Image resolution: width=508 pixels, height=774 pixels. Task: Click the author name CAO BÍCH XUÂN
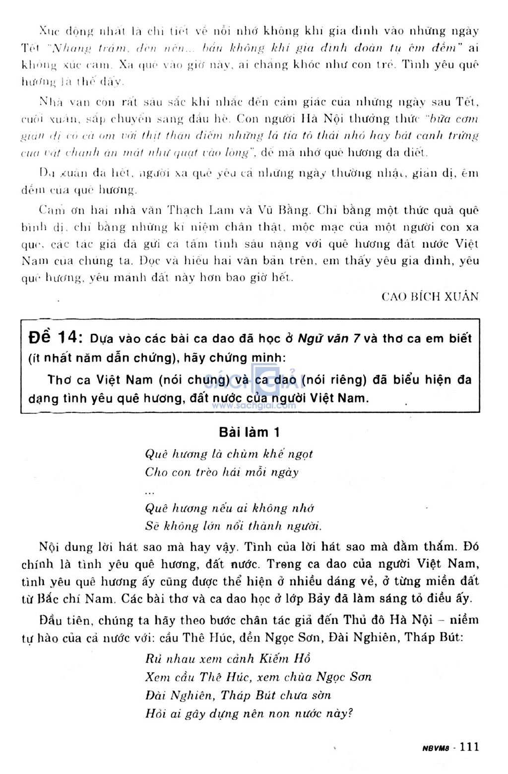coord(430,297)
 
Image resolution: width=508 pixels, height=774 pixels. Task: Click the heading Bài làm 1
coord(250,432)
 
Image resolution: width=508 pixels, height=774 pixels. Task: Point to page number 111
coord(469,747)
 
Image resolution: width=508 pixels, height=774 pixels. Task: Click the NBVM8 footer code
coord(436,748)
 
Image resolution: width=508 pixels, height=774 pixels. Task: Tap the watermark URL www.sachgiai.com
coord(254,405)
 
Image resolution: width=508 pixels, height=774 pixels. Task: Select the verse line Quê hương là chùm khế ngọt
coord(229,454)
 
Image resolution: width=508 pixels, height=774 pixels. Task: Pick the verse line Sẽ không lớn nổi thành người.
coord(233,526)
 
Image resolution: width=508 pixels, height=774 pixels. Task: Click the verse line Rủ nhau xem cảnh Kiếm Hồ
coord(228,659)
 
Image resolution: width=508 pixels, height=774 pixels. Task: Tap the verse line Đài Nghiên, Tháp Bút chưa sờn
coord(238,696)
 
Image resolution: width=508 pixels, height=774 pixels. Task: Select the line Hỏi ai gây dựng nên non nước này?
coord(249,714)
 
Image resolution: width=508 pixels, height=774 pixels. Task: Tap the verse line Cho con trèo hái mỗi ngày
coord(222,472)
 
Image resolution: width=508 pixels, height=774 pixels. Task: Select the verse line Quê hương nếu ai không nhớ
coord(229,508)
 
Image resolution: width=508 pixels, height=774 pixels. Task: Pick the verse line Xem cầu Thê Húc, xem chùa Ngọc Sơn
coord(258,677)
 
